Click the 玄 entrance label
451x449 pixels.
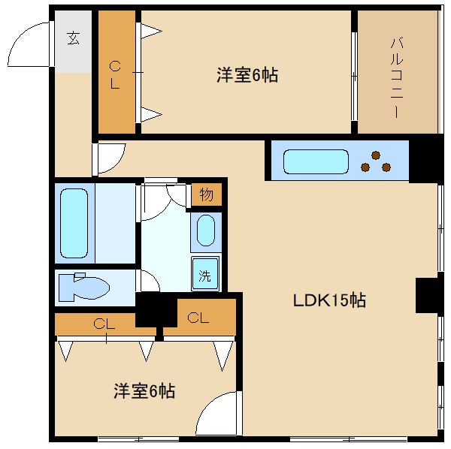73,38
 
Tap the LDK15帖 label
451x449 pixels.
329,300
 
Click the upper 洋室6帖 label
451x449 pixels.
247,75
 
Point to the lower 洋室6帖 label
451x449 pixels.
144,391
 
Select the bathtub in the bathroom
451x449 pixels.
74,223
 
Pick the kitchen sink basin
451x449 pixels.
316,161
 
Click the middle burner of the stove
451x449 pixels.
375,157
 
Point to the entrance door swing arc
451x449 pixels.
26,45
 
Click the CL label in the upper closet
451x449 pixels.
115,74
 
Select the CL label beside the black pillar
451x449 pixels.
198,318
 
